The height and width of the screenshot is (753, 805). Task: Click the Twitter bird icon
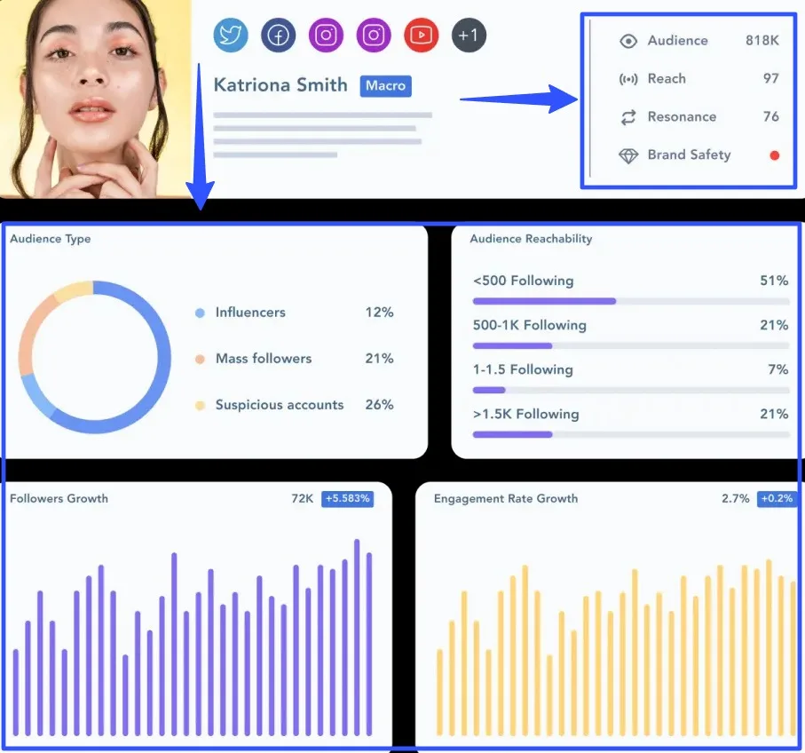tap(231, 36)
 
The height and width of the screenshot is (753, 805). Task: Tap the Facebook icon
tap(279, 36)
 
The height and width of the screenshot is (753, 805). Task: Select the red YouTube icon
tap(422, 36)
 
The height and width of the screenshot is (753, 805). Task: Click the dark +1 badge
tap(470, 36)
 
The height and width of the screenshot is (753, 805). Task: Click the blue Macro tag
tap(385, 86)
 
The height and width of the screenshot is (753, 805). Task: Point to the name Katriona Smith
tap(280, 85)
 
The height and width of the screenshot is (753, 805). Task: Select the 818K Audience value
tap(762, 41)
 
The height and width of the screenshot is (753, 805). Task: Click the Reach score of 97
tap(770, 79)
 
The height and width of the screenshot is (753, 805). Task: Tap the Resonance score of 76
tap(770, 117)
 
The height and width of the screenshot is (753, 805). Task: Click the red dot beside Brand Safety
tap(774, 155)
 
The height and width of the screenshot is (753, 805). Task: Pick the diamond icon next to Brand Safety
tap(628, 156)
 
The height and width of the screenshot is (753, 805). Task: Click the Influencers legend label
tap(250, 313)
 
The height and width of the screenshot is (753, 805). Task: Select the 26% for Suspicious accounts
tap(379, 405)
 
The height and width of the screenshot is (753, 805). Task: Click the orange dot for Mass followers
tap(200, 360)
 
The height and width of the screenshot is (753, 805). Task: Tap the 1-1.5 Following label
tap(523, 370)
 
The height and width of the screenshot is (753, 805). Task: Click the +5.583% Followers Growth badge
tap(347, 499)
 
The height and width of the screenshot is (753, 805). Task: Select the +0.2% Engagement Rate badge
tap(777, 499)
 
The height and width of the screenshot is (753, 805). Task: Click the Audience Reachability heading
tap(531, 239)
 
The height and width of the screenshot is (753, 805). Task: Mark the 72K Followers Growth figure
tap(302, 499)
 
